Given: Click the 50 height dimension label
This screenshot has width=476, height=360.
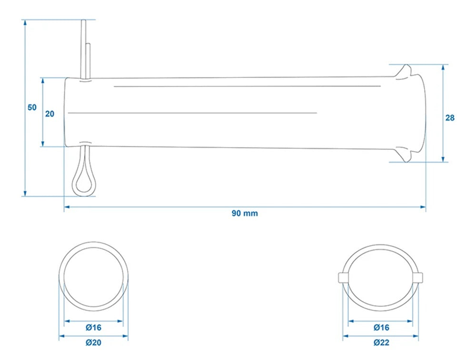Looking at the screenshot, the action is point(32,107).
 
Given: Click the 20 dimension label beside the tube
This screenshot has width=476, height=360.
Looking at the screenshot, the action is point(50,114).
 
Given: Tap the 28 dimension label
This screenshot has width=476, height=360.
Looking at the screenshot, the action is point(450,117).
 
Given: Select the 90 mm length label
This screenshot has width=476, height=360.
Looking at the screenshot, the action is point(245,213).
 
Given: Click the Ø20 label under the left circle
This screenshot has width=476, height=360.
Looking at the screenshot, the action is point(93,342).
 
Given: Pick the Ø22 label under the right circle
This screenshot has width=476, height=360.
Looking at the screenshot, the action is point(381,342).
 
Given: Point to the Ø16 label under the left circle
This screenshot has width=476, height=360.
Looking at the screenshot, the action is point(93,328).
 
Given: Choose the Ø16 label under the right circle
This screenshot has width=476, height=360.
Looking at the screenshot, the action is point(381,328).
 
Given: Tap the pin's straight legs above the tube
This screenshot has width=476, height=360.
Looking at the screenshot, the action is point(85,50).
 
